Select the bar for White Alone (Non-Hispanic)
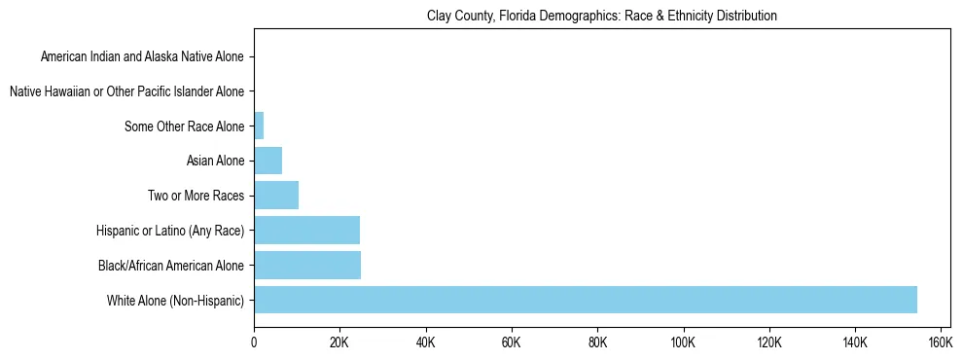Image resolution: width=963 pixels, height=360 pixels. (585, 300)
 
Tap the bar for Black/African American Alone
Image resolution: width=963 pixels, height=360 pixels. (306, 265)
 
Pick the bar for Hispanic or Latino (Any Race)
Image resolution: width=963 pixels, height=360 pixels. (306, 231)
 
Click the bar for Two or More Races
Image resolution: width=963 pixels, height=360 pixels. (276, 196)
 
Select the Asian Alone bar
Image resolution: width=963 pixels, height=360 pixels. (267, 161)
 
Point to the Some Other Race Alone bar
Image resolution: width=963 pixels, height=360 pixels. (259, 126)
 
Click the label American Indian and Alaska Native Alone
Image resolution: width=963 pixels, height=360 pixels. (143, 57)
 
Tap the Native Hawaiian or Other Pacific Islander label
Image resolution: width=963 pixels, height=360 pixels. (126, 91)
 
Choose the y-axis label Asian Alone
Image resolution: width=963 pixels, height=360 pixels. (215, 162)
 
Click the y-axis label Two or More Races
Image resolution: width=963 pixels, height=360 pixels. (196, 196)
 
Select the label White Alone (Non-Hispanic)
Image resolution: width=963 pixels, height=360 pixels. (176, 300)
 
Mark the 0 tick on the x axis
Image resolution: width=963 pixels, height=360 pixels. (254, 342)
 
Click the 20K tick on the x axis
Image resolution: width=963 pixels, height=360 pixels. (339, 342)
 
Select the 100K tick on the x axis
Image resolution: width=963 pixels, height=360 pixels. (683, 342)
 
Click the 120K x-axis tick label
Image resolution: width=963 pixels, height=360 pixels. (769, 342)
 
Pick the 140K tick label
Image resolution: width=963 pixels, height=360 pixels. (855, 342)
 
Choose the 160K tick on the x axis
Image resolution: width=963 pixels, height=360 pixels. (941, 342)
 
